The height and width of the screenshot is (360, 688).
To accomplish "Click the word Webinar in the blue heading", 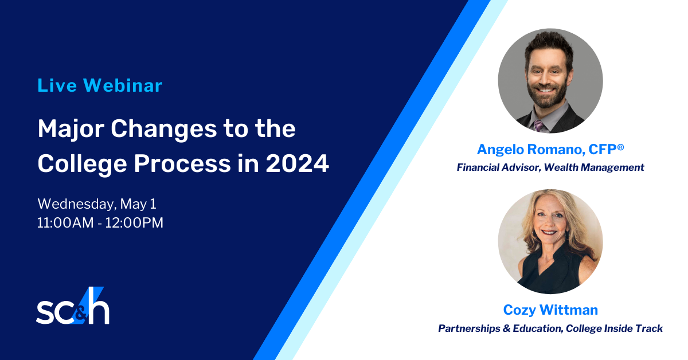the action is [123, 85].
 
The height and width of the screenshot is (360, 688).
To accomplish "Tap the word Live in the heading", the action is [57, 85].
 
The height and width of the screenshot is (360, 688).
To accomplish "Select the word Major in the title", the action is [71, 130].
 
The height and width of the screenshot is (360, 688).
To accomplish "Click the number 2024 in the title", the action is [298, 163].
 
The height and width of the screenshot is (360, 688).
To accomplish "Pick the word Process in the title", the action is [182, 163].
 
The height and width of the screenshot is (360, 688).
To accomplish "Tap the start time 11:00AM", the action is [65, 222].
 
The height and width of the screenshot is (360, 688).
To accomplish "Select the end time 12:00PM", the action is [134, 222].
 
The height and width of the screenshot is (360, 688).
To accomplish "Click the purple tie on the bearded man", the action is [538, 126].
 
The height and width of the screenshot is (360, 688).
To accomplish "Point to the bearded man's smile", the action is [545, 90].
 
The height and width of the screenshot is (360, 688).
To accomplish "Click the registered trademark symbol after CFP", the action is [620, 147].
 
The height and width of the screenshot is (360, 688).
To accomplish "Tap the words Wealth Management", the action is [594, 167].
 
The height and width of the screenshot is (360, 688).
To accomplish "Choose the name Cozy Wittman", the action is [550, 310].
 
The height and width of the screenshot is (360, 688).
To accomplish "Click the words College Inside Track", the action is [614, 328].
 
